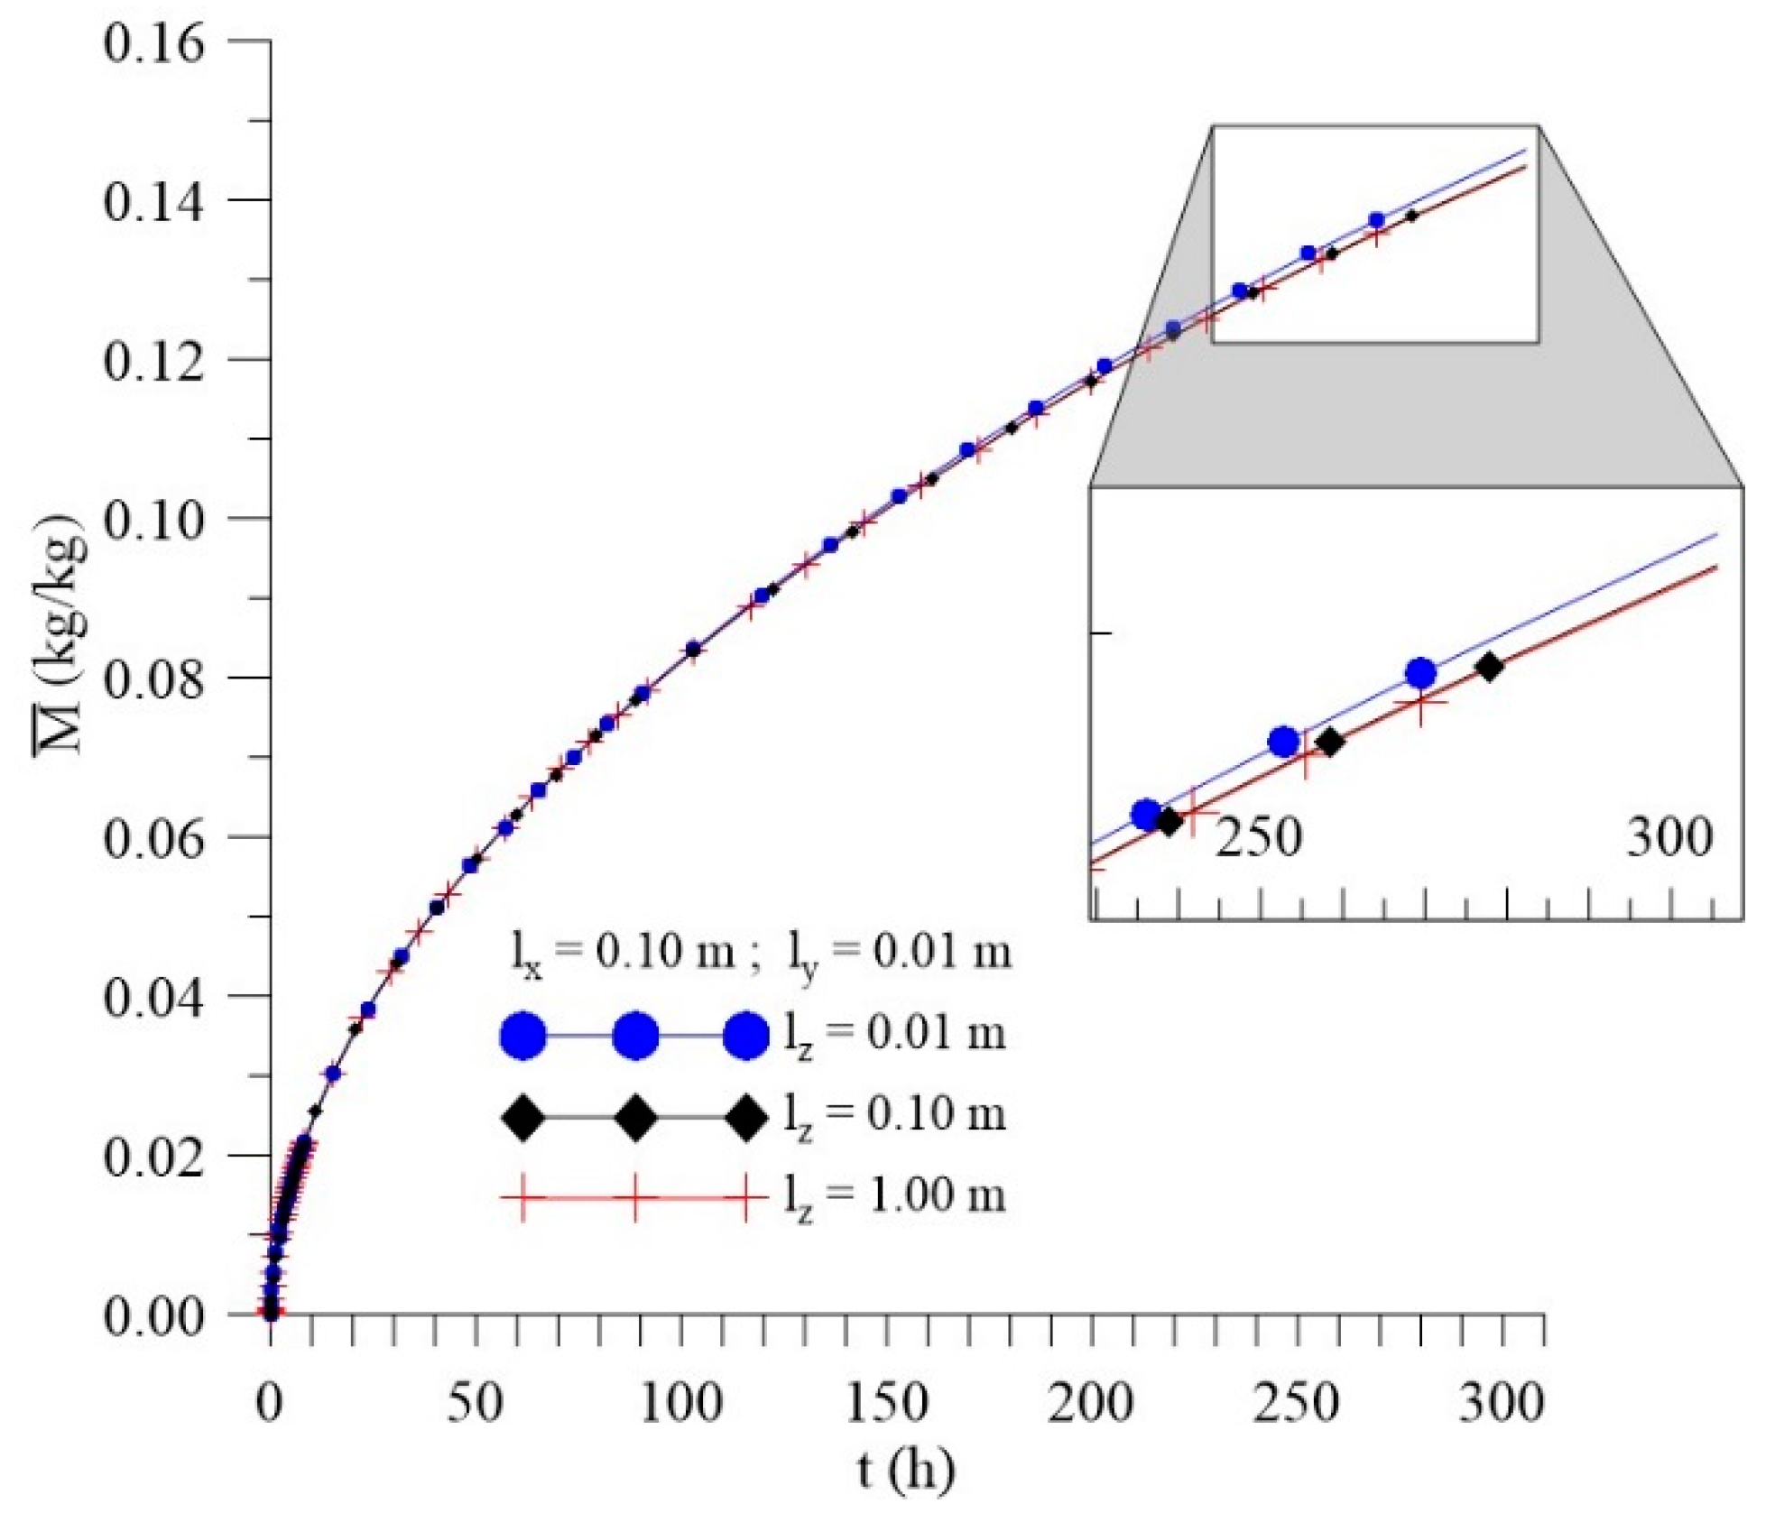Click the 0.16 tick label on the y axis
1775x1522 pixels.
[153, 42]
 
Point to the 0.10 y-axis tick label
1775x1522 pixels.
[153, 520]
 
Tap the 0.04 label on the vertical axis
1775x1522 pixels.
[153, 997]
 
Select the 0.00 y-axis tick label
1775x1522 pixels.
[153, 1315]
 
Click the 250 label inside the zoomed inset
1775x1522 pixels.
[1258, 837]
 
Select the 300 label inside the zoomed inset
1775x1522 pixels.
[1669, 837]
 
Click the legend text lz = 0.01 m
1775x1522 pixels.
[893, 1034]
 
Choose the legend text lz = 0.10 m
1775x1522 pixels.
[893, 1115]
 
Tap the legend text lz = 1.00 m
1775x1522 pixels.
[893, 1196]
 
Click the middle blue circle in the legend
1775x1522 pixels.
[635, 1036]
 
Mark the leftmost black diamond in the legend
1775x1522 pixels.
[523, 1118]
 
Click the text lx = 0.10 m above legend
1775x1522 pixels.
[623, 953]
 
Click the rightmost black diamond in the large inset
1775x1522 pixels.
[1489, 668]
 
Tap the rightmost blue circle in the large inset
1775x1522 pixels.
[1420, 672]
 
